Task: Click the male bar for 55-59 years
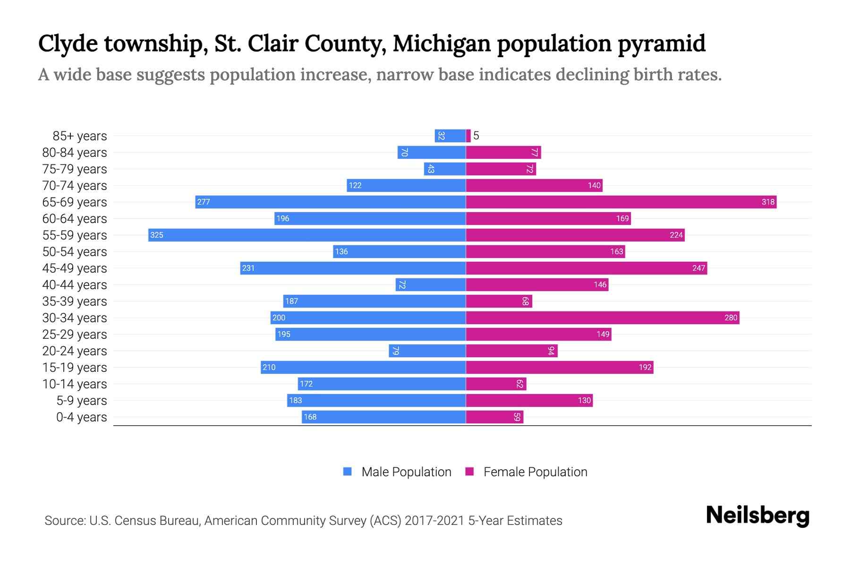pyautogui.click(x=307, y=235)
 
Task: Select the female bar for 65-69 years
pyautogui.click(x=621, y=202)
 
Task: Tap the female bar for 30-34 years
pyautogui.click(x=603, y=318)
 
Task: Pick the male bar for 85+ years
pyautogui.click(x=450, y=136)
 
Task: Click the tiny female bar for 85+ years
pyautogui.click(x=468, y=136)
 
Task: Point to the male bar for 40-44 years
pyautogui.click(x=431, y=284)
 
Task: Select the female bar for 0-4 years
pyautogui.click(x=494, y=417)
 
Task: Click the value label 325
pyautogui.click(x=157, y=235)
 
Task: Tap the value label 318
pyautogui.click(x=768, y=202)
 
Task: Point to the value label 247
pyautogui.click(x=698, y=268)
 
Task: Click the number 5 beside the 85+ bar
pyautogui.click(x=476, y=136)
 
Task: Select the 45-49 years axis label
pyautogui.click(x=75, y=268)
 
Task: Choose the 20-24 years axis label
pyautogui.click(x=75, y=351)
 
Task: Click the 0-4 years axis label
pyautogui.click(x=81, y=417)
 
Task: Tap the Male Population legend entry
pyautogui.click(x=406, y=472)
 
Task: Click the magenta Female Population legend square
pyautogui.click(x=469, y=472)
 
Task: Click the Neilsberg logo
pyautogui.click(x=757, y=515)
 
